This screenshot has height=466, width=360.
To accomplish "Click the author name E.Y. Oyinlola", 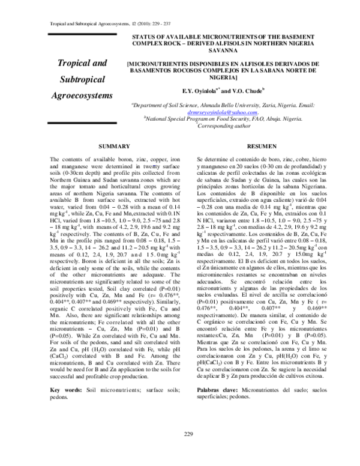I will click(x=190, y=91).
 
